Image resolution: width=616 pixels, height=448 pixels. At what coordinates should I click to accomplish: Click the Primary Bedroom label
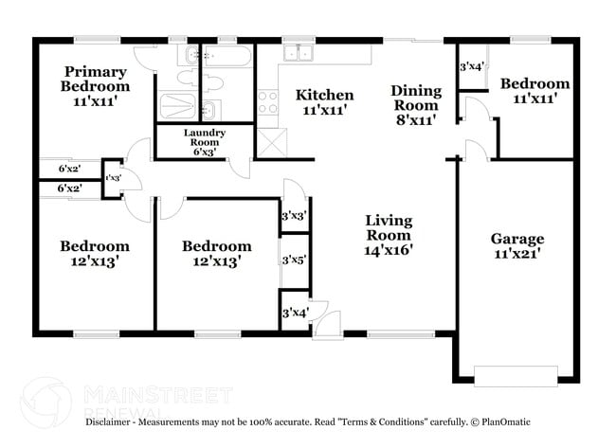pyautogui.click(x=96, y=79)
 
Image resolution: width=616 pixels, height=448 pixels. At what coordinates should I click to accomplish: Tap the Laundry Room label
pyautogui.click(x=204, y=139)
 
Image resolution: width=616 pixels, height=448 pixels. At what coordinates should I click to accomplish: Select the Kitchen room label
pyautogui.click(x=324, y=95)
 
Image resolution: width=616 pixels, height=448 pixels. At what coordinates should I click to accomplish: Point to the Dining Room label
pyautogui.click(x=416, y=98)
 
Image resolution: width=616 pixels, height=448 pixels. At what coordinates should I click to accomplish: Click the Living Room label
pyautogui.click(x=389, y=228)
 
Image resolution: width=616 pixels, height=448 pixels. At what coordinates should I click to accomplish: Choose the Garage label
pyautogui.click(x=516, y=239)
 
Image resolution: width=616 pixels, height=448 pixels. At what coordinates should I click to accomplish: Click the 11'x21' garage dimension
pyautogui.click(x=516, y=254)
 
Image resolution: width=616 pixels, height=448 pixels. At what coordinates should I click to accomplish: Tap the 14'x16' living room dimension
pyautogui.click(x=389, y=251)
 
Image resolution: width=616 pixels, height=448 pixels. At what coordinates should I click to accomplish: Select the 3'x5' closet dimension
pyautogui.click(x=294, y=259)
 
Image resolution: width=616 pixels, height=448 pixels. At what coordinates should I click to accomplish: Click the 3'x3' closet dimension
pyautogui.click(x=294, y=216)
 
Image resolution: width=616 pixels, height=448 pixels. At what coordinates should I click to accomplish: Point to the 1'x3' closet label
pyautogui.click(x=112, y=177)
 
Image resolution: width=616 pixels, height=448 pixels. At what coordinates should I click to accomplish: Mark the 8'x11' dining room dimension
pyautogui.click(x=416, y=120)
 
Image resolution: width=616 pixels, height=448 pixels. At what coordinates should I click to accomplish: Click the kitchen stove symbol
pyautogui.click(x=267, y=101)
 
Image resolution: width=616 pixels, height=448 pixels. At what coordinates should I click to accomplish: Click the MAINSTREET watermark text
pyautogui.click(x=157, y=392)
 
